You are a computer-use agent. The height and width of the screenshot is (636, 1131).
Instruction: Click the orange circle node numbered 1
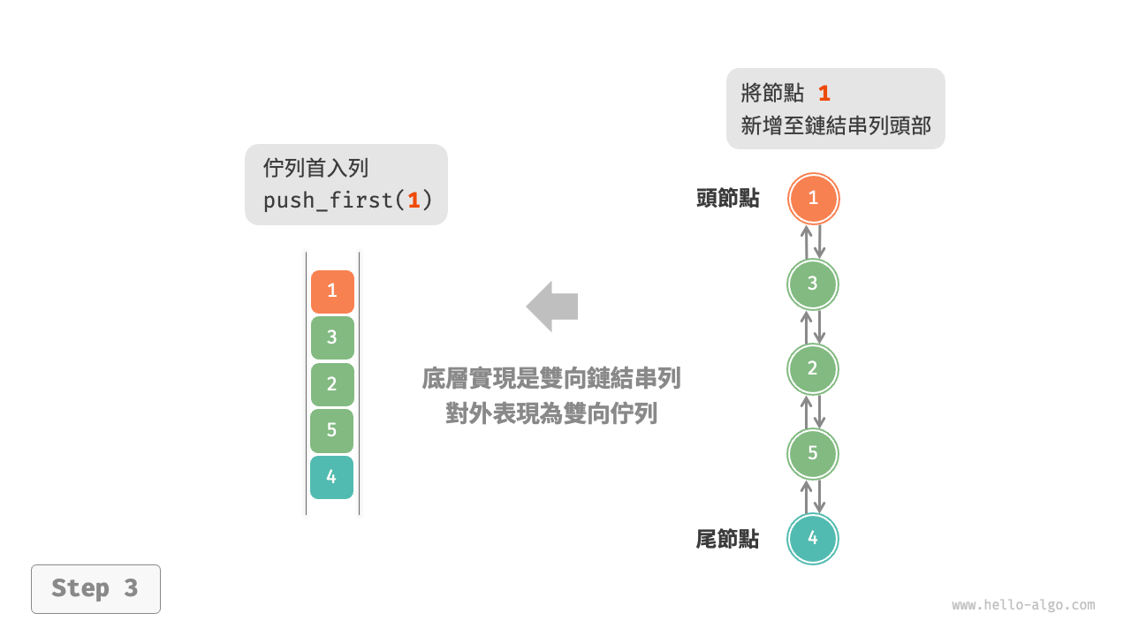tap(813, 199)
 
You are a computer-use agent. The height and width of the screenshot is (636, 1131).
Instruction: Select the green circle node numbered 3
tap(813, 284)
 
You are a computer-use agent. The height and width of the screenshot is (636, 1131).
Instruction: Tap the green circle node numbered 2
tap(813, 368)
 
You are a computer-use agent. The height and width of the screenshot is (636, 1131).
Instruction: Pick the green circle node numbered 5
tap(813, 453)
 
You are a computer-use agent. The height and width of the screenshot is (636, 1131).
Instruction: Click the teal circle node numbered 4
tap(813, 538)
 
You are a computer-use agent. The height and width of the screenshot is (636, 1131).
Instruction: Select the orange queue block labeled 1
tap(332, 291)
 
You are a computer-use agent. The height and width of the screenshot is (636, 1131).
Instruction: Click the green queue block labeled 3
tap(332, 337)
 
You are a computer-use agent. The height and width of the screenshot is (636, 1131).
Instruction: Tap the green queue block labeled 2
tap(332, 384)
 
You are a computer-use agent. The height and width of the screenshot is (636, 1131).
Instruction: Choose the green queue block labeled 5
tap(332, 431)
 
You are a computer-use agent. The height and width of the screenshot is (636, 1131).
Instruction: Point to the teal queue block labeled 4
tap(332, 477)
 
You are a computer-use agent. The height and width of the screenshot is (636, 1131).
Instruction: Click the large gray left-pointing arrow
tap(552, 307)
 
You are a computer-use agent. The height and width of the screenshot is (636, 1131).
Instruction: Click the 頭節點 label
tap(727, 199)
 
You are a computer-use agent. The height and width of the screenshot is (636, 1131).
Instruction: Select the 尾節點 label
tap(727, 539)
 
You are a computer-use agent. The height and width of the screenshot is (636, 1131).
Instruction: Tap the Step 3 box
tap(95, 588)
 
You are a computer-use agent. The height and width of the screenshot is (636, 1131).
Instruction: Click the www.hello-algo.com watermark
tap(1023, 605)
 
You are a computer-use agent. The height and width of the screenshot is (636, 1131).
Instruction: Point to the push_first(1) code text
tap(347, 201)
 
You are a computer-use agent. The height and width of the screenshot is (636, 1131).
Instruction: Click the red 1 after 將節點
tap(824, 94)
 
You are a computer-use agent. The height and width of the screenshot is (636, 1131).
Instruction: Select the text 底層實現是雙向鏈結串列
tap(551, 379)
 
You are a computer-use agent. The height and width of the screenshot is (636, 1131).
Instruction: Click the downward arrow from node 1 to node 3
tap(820, 241)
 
